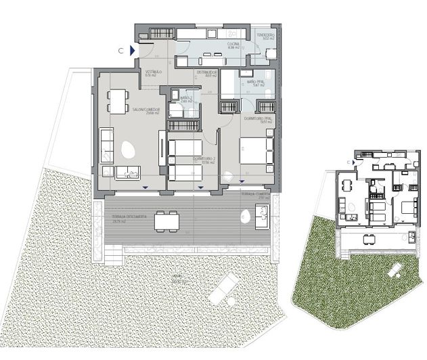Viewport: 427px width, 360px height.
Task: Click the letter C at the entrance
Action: coord(120,50)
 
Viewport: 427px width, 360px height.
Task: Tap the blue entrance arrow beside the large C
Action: coord(133,50)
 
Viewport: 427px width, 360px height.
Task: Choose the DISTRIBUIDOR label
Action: coord(206,72)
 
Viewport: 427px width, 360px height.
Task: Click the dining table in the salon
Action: coord(119,102)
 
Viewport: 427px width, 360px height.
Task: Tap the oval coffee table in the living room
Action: coord(127,148)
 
